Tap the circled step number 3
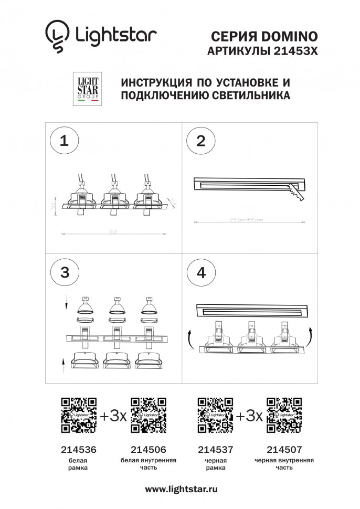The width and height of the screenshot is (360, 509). [64, 272]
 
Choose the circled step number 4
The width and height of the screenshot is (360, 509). [200, 272]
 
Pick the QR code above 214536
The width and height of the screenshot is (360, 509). [79, 415]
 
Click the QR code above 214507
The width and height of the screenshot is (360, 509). [283, 415]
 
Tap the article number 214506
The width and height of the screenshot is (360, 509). [147, 450]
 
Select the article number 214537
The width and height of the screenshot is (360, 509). [215, 450]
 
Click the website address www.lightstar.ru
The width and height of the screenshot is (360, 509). [181, 489]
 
